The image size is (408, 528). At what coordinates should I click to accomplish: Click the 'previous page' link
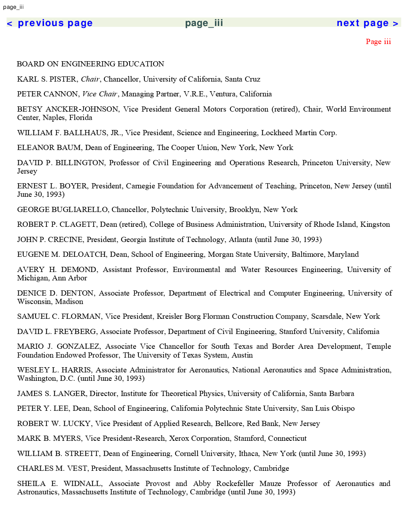pyautogui.click(x=50, y=23)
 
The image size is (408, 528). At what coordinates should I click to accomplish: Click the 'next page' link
pyautogui.click(x=367, y=23)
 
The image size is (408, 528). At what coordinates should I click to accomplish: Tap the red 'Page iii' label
pyautogui.click(x=378, y=42)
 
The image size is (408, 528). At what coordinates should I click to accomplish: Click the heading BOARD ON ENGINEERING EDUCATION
pyautogui.click(x=90, y=64)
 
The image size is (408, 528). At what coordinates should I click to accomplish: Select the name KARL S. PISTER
pyautogui.click(x=46, y=79)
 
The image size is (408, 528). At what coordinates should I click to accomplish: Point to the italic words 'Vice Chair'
pyautogui.click(x=100, y=94)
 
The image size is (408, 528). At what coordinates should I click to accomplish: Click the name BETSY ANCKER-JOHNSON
pyautogui.click(x=68, y=109)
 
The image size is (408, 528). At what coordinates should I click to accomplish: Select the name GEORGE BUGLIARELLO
pyautogui.click(x=62, y=210)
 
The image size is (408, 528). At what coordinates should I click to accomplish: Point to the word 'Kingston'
pyautogui.click(x=375, y=224)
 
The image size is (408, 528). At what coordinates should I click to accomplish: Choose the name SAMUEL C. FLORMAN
pyautogui.click(x=59, y=316)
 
